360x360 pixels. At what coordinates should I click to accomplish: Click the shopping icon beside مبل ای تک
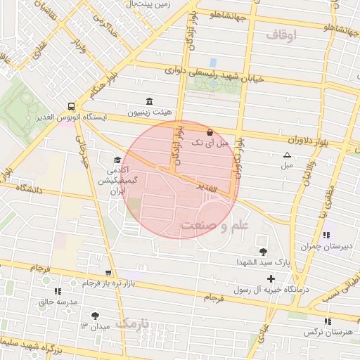[210, 131]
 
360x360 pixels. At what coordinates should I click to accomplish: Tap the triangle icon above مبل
[286, 155]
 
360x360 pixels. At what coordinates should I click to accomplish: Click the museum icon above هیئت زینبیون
[148, 101]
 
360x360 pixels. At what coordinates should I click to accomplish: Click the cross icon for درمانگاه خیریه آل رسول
[271, 279]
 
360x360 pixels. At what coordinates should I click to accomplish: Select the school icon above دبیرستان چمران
[326, 235]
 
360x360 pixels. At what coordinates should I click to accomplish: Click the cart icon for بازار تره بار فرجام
[108, 272]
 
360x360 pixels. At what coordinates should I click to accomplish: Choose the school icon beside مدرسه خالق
[58, 290]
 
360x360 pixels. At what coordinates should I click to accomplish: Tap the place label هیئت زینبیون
[148, 112]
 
